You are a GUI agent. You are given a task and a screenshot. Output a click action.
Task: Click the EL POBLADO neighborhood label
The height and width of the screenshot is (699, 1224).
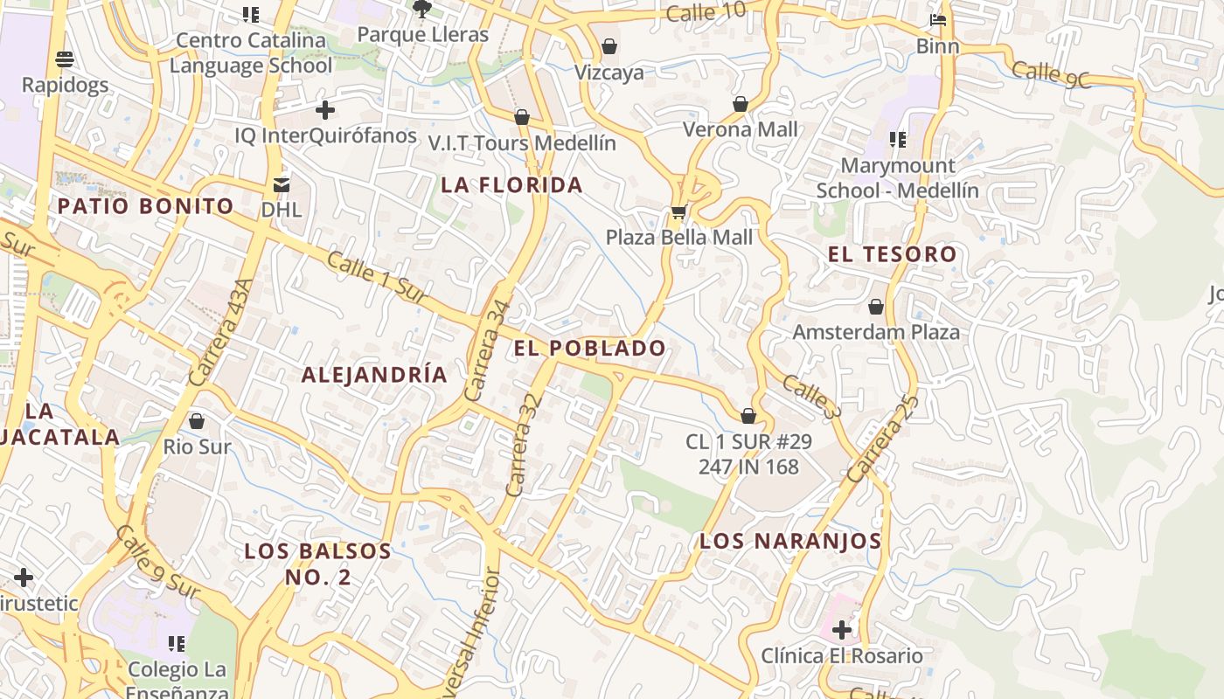tap(589, 348)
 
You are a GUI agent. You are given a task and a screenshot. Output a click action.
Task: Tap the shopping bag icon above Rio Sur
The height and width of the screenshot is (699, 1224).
tap(197, 421)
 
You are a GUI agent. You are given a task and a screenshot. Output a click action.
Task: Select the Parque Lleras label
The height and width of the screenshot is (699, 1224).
tap(423, 35)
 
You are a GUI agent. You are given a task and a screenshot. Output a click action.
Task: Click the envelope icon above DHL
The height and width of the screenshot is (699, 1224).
tap(282, 184)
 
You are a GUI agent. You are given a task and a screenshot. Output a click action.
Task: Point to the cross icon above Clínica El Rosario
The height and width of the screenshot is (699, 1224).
tap(842, 629)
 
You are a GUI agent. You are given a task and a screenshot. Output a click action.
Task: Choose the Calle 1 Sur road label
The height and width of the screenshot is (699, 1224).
tap(377, 277)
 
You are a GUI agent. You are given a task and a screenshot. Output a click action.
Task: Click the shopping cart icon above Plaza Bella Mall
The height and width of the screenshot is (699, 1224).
tap(678, 211)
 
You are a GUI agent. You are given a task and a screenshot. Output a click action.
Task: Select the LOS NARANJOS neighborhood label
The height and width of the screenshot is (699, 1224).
tap(790, 541)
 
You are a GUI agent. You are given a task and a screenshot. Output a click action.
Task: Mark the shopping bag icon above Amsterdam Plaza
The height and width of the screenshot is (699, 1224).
tap(876, 307)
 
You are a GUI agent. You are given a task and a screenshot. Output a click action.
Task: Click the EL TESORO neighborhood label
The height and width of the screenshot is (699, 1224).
tap(892, 254)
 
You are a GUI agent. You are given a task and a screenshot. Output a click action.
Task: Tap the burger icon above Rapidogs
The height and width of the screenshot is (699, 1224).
tap(65, 59)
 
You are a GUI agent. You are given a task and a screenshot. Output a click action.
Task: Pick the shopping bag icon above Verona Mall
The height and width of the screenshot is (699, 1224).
tap(741, 104)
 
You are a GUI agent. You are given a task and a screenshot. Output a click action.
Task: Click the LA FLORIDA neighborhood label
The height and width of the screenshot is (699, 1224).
tap(511, 184)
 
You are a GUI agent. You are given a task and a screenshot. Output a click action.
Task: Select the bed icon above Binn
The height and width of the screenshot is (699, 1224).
tap(938, 20)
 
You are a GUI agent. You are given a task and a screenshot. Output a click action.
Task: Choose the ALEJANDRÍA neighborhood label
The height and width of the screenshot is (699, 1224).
tap(374, 375)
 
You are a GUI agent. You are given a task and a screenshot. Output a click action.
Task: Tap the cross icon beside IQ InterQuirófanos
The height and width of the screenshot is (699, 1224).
tap(325, 110)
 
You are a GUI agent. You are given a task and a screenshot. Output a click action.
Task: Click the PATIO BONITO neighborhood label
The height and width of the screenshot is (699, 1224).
tap(145, 206)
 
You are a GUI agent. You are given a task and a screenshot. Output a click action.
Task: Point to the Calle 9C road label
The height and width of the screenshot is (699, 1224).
tap(1053, 75)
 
